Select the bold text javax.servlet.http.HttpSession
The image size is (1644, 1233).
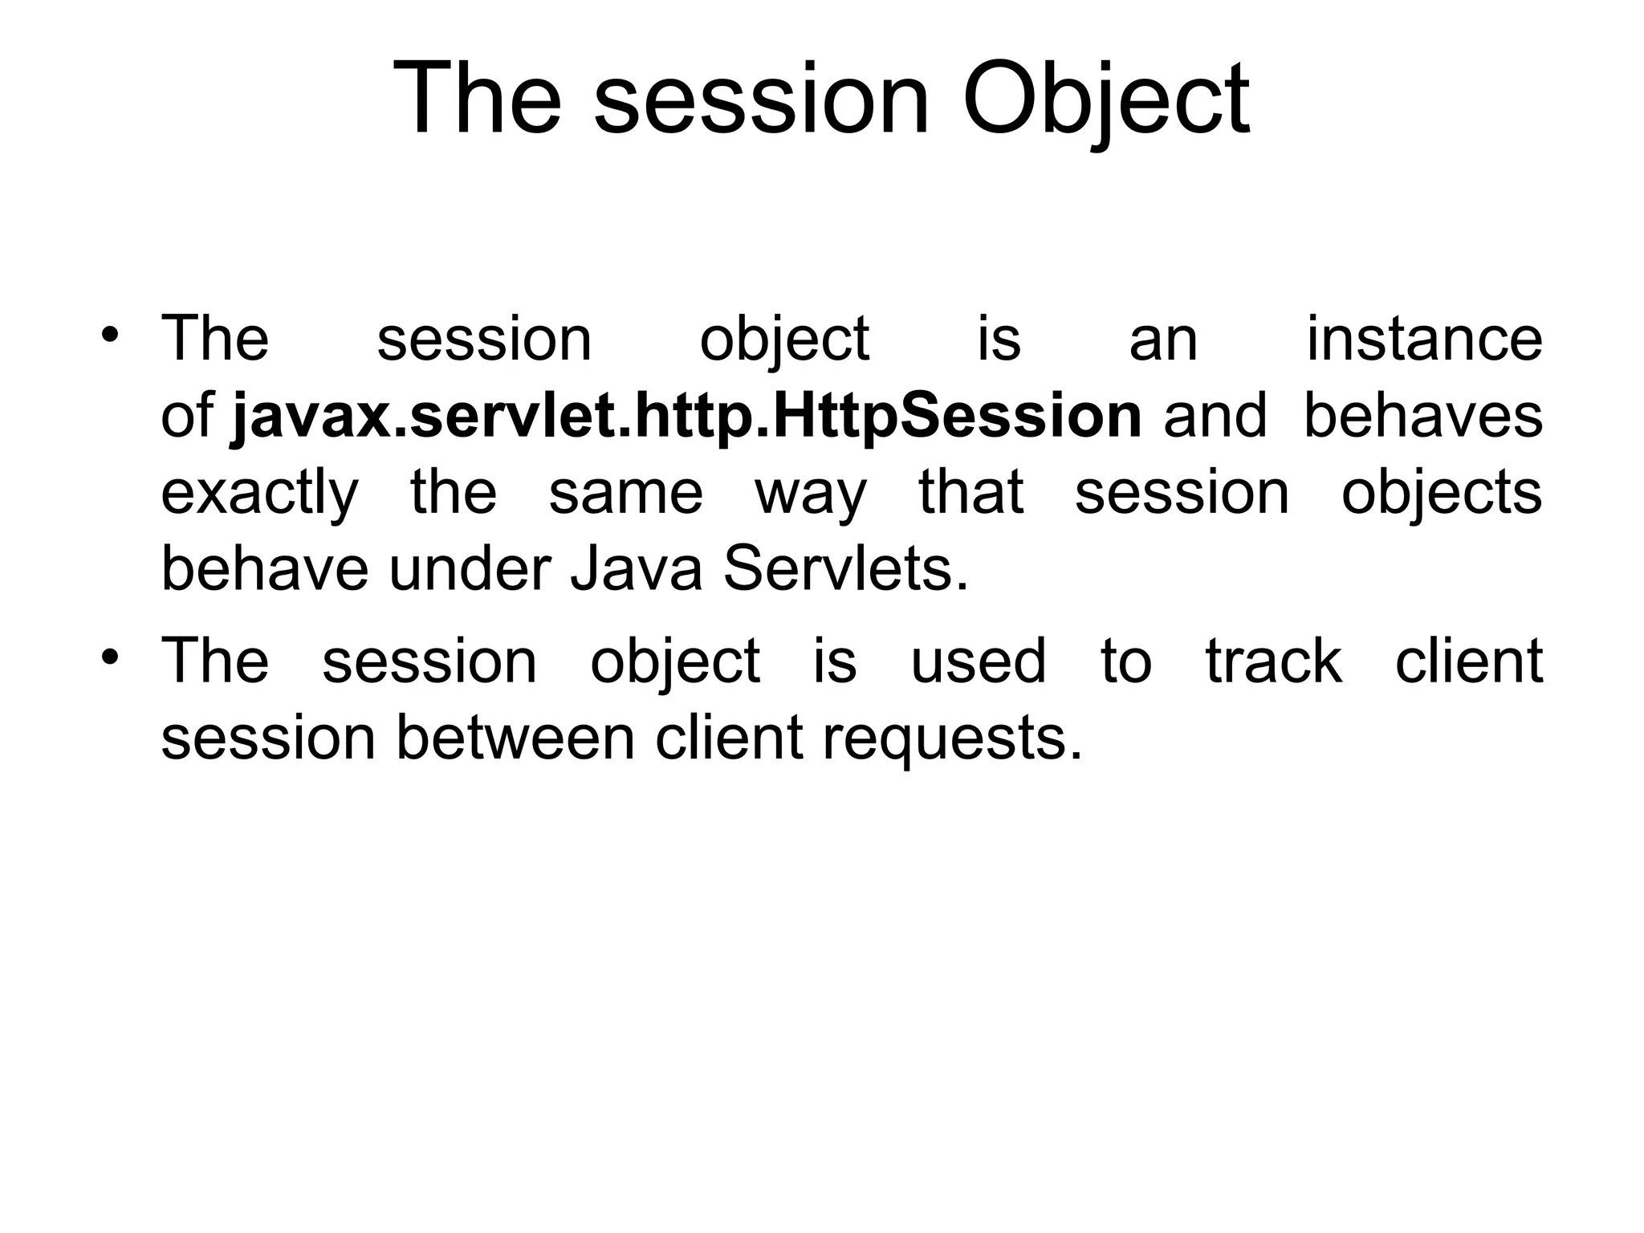pyautogui.click(x=686, y=417)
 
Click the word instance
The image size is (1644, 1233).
pyautogui.click(x=1424, y=339)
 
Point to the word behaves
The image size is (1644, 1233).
pyautogui.click(x=1422, y=417)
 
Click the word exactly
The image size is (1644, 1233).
pyautogui.click(x=259, y=493)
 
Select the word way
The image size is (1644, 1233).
pyautogui.click(x=811, y=493)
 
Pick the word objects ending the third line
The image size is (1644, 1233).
pyautogui.click(x=1441, y=493)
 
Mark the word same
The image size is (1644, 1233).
pyautogui.click(x=625, y=493)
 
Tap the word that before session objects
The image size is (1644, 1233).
pyautogui.click(x=971, y=493)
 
